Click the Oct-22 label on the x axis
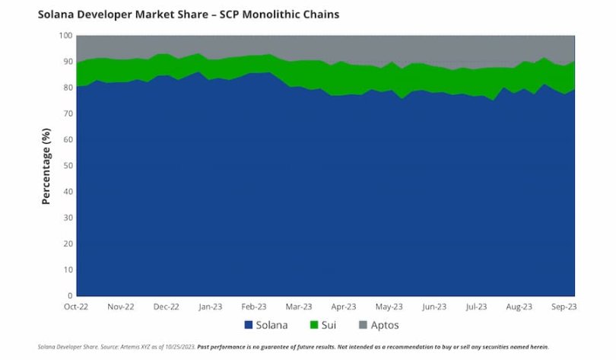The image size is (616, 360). coord(77,307)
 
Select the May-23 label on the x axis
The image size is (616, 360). coord(389,307)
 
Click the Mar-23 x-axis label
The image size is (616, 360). coord(299,307)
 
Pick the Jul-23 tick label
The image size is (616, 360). coord(476,307)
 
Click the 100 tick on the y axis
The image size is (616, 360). coord(66,35)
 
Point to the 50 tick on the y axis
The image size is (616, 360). coord(68,165)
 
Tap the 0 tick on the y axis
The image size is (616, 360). coord(70,295)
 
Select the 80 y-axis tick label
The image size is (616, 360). coord(68,88)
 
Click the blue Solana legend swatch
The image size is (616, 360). coord(249,326)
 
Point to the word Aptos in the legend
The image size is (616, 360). coord(386,326)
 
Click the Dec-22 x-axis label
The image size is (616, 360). coord(167,307)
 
